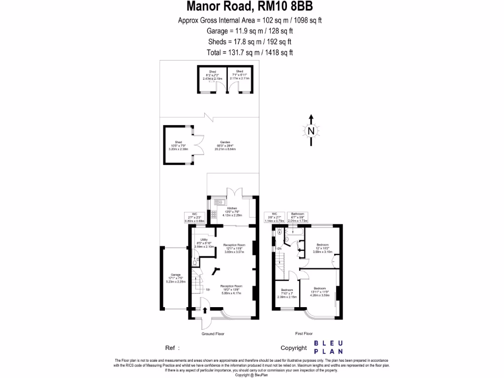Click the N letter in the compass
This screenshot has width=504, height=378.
pyautogui.click(x=311, y=131)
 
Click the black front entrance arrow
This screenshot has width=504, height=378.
pyautogui.click(x=205, y=310)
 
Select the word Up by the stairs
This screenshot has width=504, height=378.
pyautogui.click(x=208, y=289)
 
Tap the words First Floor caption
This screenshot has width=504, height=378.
pyautogui.click(x=304, y=334)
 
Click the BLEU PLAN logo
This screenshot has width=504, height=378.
pyautogui.click(x=329, y=347)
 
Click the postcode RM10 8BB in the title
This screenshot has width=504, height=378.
pyautogui.click(x=291, y=6)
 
